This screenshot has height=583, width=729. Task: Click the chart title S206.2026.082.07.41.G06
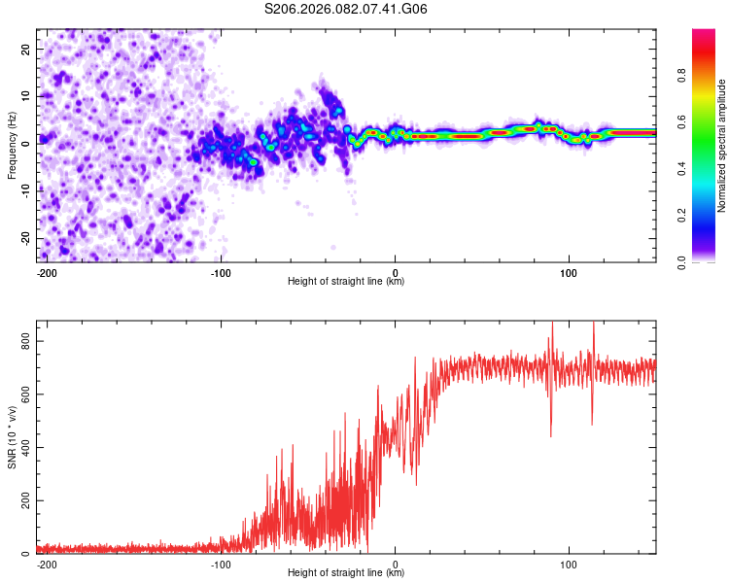point(346,10)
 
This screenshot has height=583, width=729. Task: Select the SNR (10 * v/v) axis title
point(12,436)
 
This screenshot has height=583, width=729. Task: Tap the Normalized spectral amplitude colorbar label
point(721,146)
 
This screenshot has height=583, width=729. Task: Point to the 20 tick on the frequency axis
point(25,49)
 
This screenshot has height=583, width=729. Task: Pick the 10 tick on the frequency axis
point(25,96)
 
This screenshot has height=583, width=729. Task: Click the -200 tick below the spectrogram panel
point(46,271)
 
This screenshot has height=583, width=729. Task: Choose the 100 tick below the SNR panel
point(569,563)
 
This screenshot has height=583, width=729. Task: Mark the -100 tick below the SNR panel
point(221,563)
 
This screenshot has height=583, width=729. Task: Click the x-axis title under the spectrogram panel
point(346,282)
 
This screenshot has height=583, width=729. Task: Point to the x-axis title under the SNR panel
point(346,573)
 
